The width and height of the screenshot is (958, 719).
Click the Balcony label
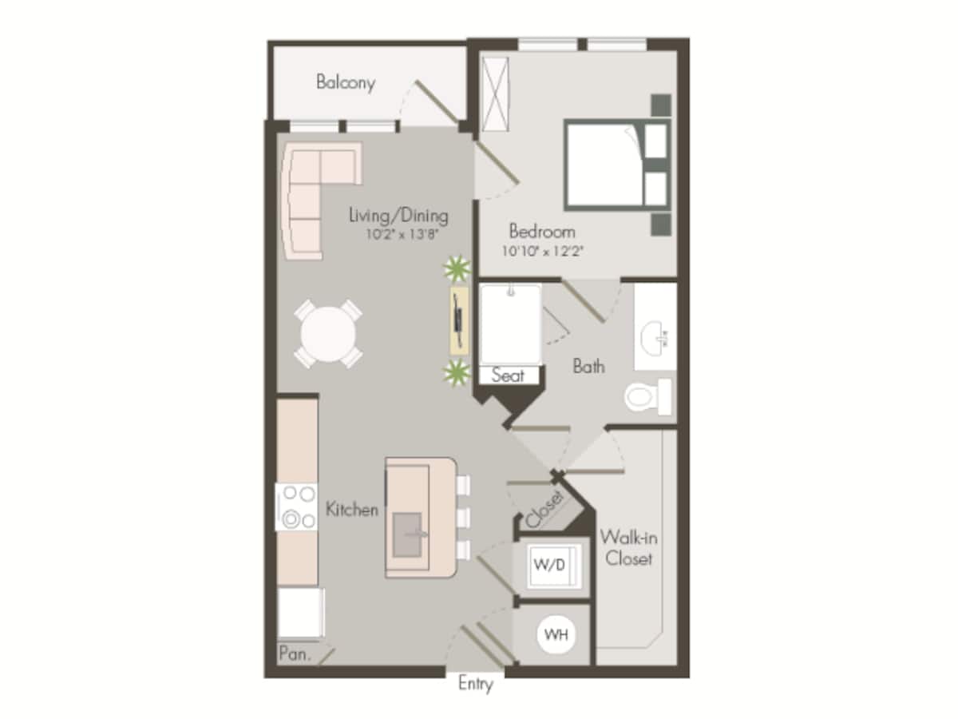pos(345,82)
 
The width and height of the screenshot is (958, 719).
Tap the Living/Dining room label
pos(398,215)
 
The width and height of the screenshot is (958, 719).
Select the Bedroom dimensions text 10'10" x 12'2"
pos(543,250)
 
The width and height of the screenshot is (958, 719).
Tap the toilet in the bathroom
pos(647,396)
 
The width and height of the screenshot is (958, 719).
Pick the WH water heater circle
pos(556,636)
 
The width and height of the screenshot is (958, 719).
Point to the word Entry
pos(476,685)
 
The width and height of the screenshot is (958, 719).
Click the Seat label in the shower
pos(508,375)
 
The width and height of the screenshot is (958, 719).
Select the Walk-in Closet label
pos(628,547)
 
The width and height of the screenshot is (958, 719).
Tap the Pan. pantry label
pos(294,653)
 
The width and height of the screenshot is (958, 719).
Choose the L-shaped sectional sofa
pos(307,192)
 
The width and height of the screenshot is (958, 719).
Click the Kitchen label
pos(352,509)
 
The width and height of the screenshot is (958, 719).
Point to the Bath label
pos(588,367)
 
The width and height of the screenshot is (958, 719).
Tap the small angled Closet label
pos(546,508)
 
